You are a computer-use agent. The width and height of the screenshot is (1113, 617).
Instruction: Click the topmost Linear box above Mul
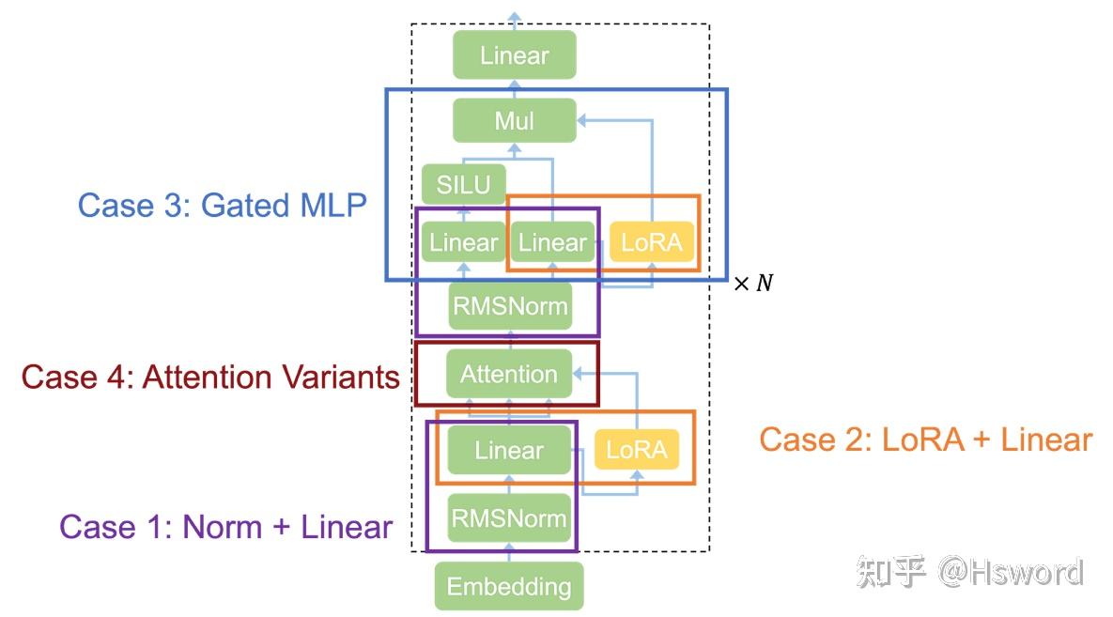[x=514, y=55]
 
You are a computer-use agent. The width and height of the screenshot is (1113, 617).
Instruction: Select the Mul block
[x=514, y=121]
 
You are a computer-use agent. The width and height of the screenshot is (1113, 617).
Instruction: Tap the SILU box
[x=463, y=185]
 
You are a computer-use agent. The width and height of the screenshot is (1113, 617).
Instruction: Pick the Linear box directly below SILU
[x=463, y=243]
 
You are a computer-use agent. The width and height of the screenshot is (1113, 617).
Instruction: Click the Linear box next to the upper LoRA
[x=552, y=243]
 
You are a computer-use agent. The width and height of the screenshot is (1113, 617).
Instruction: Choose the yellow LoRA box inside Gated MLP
[x=652, y=243]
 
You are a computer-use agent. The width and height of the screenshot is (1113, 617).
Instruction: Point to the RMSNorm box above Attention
[x=510, y=306]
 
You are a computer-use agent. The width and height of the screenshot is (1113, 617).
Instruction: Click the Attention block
[x=508, y=375]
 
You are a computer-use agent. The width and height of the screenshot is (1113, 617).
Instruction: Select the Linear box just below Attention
[x=508, y=450]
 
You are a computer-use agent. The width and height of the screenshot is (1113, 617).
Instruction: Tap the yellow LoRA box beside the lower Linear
[x=636, y=450]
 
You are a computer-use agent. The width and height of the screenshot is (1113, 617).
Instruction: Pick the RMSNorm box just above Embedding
[x=508, y=518]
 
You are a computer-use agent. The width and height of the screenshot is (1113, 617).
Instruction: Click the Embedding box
[x=508, y=587]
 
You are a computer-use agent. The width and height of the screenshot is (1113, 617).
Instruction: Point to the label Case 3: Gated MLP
[x=222, y=205]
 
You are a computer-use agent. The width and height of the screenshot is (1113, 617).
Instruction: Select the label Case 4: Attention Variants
[x=210, y=377]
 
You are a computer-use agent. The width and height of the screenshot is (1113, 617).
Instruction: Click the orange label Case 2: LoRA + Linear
[x=925, y=440]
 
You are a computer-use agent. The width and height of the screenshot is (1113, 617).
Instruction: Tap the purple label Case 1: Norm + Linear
[x=225, y=527]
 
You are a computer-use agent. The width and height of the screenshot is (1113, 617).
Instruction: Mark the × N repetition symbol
[x=752, y=283]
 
